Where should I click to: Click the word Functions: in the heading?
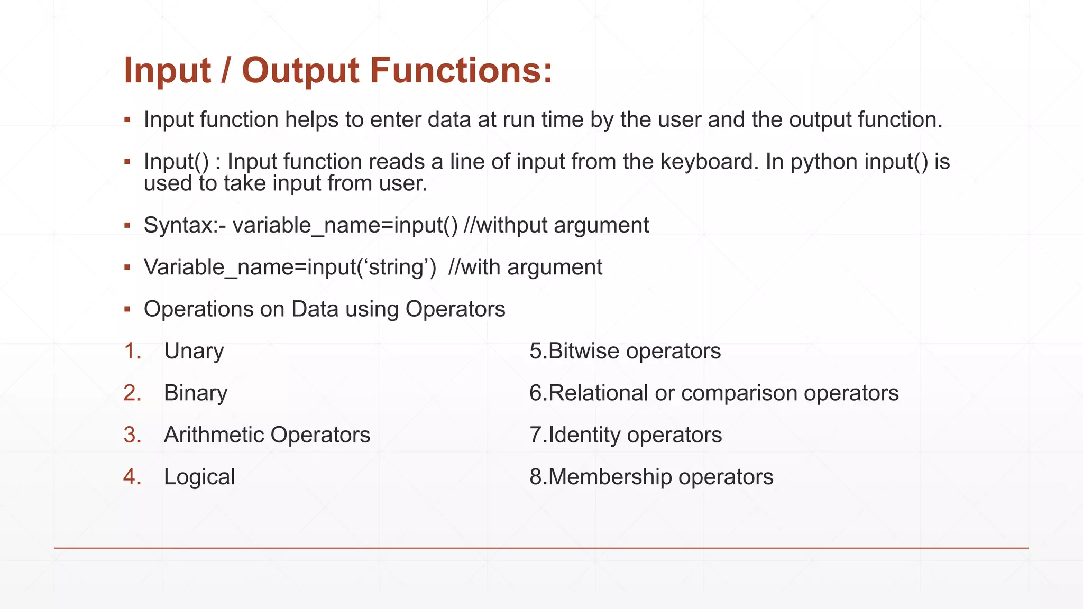[461, 70]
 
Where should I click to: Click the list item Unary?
[194, 352]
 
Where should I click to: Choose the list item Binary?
[196, 393]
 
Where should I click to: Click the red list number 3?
[131, 435]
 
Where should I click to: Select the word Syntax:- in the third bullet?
[185, 226]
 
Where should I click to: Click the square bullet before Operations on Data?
[127, 309]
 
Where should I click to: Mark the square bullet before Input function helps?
[127, 120]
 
